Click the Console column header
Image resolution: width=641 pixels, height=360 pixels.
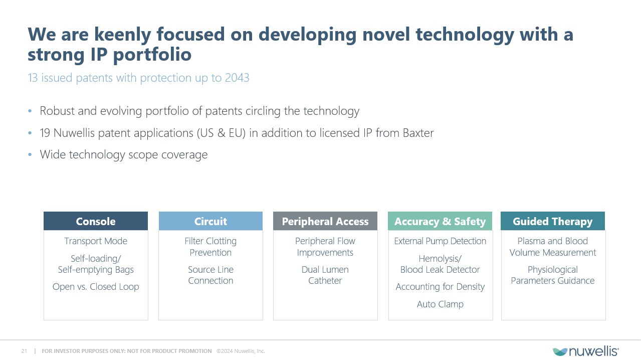96,221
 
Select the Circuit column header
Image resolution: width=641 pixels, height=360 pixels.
210,221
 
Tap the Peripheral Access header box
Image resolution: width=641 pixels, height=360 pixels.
325,221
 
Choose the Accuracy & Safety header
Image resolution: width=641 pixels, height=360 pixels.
440,221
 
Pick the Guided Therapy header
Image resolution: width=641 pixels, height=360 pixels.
553,221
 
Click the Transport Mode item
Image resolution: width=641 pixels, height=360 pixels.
96,241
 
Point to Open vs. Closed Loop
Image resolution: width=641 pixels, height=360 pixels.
96,287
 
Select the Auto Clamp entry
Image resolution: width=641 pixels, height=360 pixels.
440,304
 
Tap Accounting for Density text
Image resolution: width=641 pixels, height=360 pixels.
440,287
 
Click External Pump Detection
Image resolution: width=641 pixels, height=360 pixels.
440,241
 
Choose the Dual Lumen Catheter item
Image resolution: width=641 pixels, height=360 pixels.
325,275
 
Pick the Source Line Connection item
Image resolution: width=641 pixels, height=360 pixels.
210,275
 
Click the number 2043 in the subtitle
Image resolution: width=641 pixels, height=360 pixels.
237,78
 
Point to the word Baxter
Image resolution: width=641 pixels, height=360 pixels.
418,133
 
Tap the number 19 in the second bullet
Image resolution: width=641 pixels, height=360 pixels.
45,133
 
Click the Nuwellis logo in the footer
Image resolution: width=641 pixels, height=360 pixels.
585,351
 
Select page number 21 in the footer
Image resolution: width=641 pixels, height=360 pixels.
24,351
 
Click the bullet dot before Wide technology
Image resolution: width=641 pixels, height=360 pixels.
30,154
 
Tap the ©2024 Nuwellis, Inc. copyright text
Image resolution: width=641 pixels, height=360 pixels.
241,351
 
